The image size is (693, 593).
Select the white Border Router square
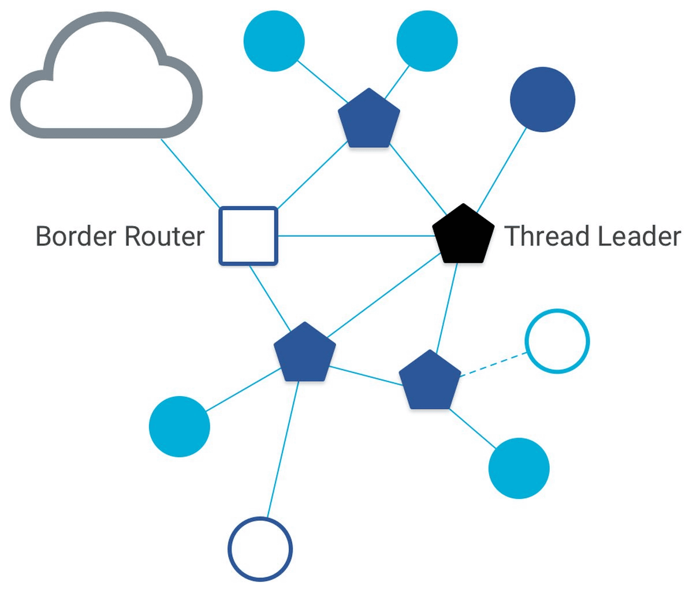point(248,236)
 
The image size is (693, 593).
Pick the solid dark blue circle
point(542,99)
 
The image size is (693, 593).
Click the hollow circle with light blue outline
point(557,341)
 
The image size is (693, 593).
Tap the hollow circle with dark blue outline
point(260,549)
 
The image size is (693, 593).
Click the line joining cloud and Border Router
point(191,173)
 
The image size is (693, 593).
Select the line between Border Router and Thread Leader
point(355,236)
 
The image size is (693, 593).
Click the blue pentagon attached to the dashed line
point(430,381)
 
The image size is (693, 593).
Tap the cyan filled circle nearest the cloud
point(274,42)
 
